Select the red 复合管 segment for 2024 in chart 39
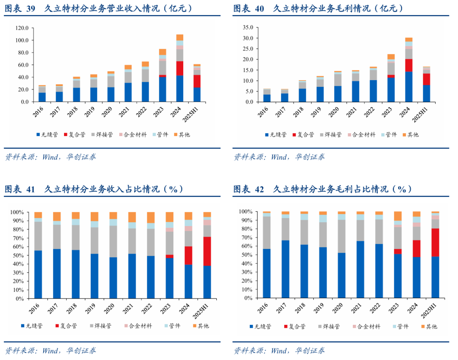point(180,68)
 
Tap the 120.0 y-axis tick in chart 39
point(22,28)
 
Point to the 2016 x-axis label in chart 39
point(40,111)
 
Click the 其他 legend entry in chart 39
point(182,134)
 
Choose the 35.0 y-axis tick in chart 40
point(247,28)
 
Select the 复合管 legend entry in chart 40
point(302,134)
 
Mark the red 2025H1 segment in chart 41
point(207,251)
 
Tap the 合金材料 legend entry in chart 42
point(366,326)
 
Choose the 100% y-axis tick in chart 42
point(247,211)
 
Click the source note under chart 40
point(279,157)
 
